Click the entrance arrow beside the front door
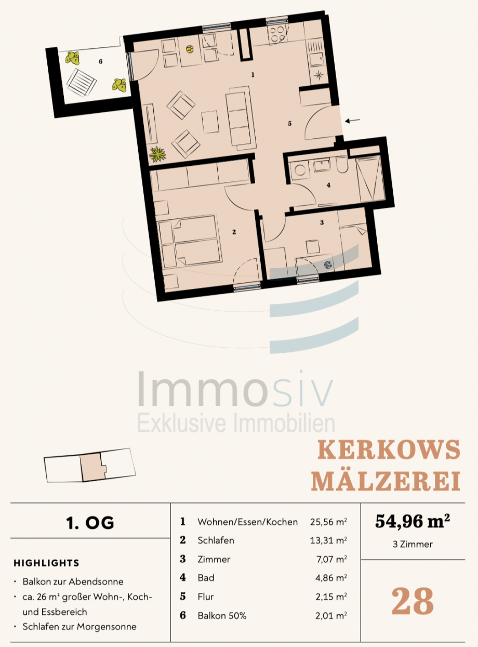pyautogui.click(x=353, y=121)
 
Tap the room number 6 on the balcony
pyautogui.click(x=100, y=62)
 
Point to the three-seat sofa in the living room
pyautogui.click(x=241, y=116)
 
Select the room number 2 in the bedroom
pyautogui.click(x=234, y=232)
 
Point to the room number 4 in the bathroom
pyautogui.click(x=328, y=185)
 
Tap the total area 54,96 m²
pyautogui.click(x=413, y=522)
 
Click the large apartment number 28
pyautogui.click(x=413, y=601)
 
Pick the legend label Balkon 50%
pyautogui.click(x=222, y=616)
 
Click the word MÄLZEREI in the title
pyautogui.click(x=386, y=481)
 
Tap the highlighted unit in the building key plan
pyautogui.click(x=92, y=466)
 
